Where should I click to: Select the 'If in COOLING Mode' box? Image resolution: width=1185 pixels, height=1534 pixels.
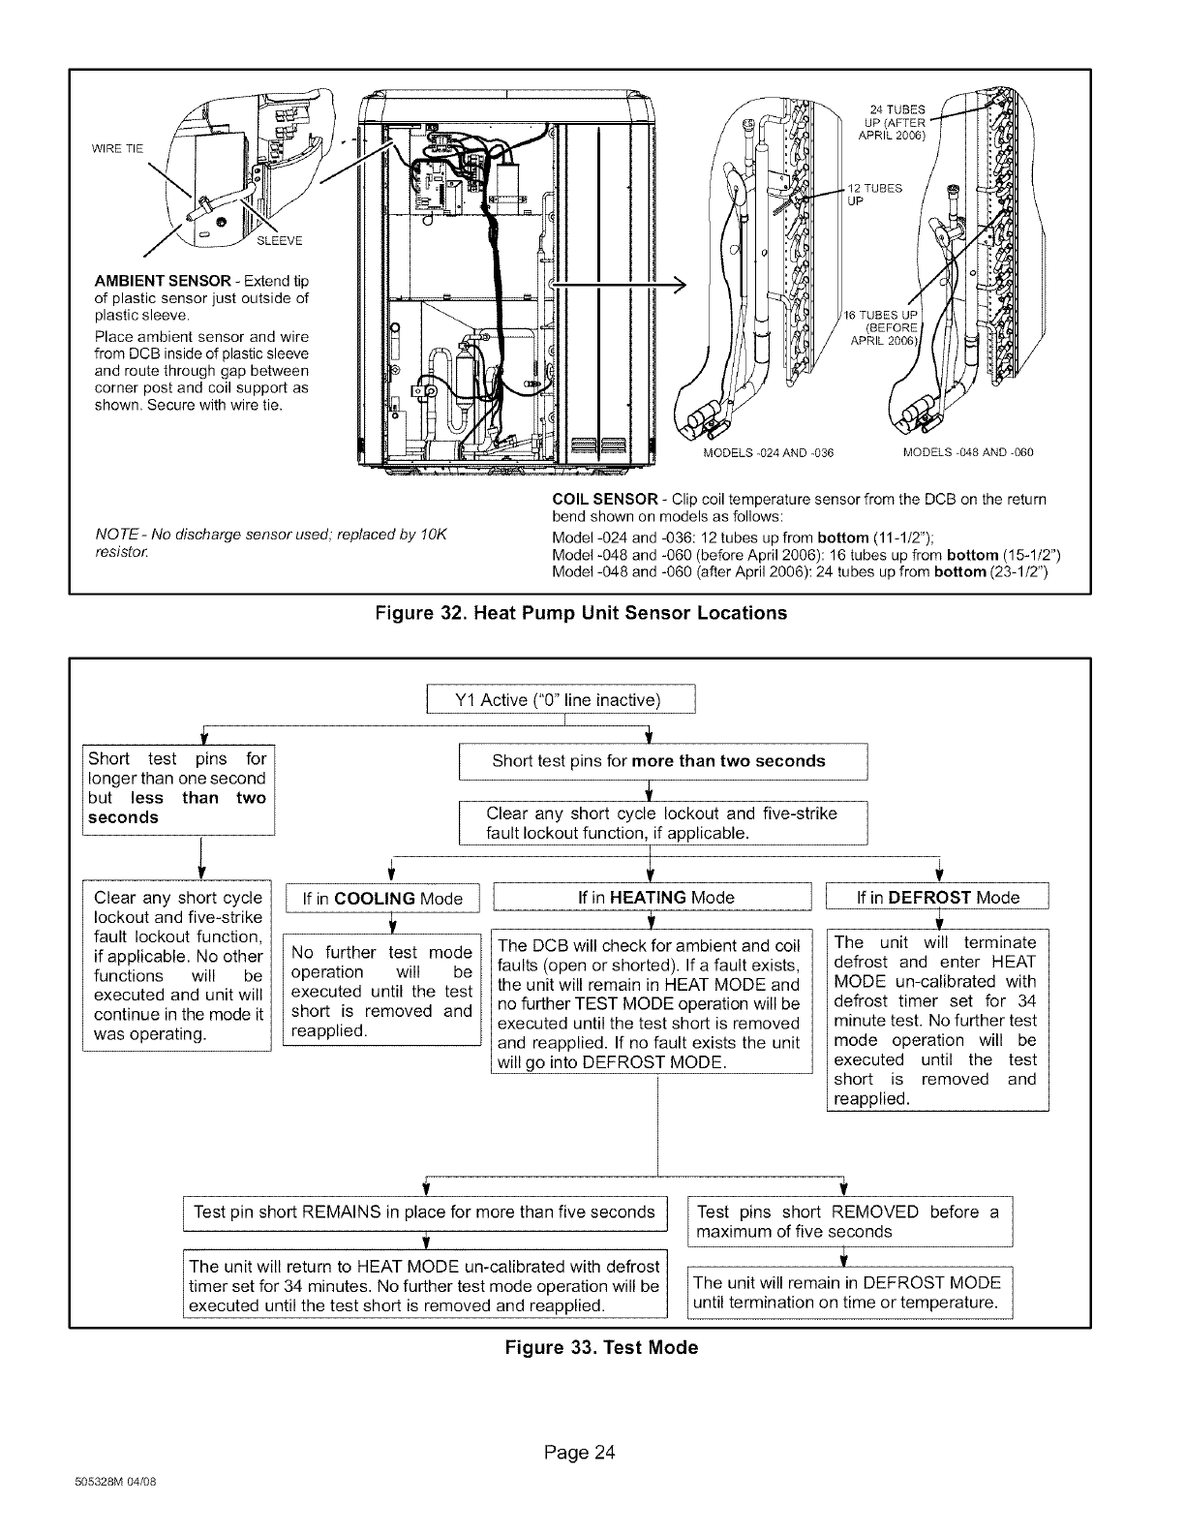(x=382, y=898)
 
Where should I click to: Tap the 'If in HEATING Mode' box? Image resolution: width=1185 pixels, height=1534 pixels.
(x=655, y=898)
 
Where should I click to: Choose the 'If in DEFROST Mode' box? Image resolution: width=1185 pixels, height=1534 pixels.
(x=937, y=898)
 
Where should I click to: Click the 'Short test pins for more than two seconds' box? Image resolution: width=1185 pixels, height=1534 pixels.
(x=658, y=761)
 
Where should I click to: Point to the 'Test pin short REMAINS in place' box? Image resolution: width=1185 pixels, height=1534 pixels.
(x=424, y=1212)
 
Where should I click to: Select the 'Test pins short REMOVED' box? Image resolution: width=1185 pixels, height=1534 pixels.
(x=847, y=1222)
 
